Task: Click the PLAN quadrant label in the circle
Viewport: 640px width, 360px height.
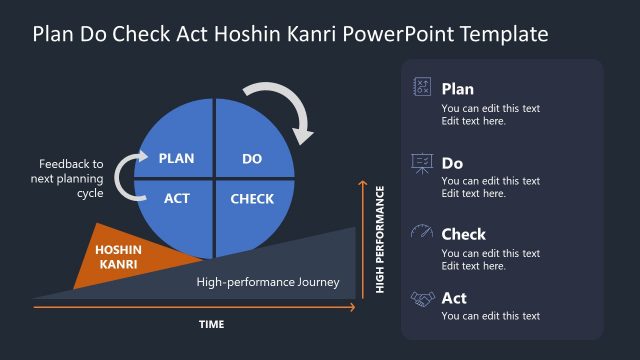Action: (176, 158)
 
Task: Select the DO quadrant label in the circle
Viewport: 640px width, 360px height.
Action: (253, 158)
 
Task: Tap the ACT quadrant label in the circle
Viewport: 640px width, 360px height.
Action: (177, 198)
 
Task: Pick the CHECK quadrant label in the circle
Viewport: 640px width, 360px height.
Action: (252, 198)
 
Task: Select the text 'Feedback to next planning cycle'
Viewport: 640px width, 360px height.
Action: (71, 178)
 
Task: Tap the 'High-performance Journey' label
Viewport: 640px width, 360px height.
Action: (268, 282)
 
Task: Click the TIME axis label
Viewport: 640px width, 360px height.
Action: (211, 324)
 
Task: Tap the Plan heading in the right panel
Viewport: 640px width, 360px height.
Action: (457, 89)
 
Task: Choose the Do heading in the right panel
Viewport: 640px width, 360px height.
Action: (452, 162)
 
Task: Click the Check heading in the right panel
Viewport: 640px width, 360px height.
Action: (463, 234)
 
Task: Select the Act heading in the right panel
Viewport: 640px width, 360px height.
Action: (454, 298)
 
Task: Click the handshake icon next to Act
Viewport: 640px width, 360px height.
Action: (422, 298)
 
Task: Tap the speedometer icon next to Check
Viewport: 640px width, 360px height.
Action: (422, 233)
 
